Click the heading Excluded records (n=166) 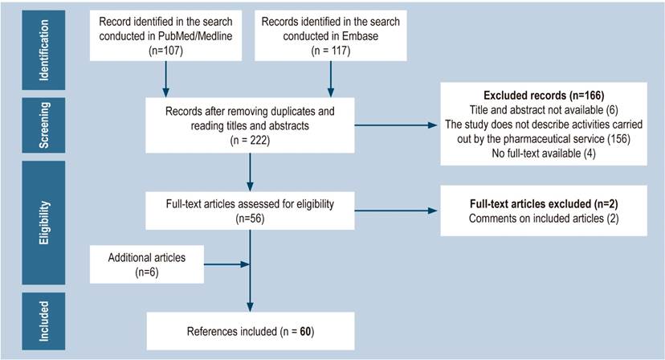tap(543, 95)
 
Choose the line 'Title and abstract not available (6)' tap(544, 109)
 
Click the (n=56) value tap(251, 217)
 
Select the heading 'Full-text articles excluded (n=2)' tap(543, 204)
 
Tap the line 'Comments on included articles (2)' tap(544, 219)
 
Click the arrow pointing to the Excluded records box tap(397, 125)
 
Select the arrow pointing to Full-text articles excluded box tap(397, 211)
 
